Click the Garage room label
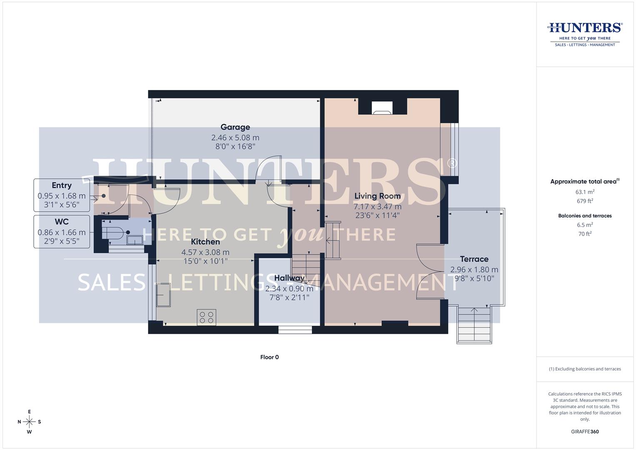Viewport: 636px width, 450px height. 235,127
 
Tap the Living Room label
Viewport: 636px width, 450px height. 377,196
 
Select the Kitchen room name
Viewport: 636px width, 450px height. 205,242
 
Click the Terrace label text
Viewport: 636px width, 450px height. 474,259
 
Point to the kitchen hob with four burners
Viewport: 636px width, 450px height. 207,317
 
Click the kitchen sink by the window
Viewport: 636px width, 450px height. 163,295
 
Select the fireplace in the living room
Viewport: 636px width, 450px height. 382,108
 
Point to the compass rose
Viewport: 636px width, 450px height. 29,422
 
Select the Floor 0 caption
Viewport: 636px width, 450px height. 269,357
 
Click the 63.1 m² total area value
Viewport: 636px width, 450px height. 585,192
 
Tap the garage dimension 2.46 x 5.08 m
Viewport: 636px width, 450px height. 235,137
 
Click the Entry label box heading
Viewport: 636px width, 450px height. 62,185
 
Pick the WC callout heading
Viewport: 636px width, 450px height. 62,222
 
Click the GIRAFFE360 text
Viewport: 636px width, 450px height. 585,432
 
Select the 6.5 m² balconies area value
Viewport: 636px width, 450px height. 585,225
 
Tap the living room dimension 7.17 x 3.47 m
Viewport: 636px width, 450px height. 377,207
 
